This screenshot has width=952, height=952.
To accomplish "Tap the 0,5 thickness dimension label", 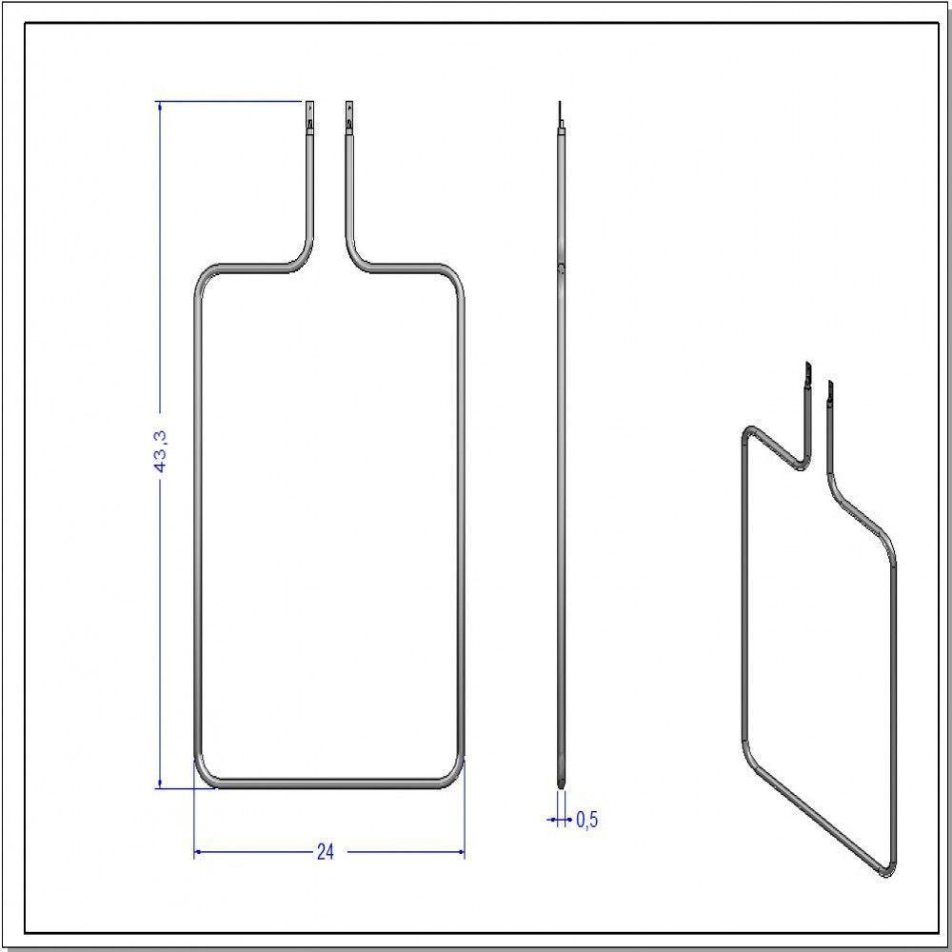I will pyautogui.click(x=587, y=820).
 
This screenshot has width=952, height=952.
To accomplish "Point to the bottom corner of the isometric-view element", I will pyautogui.click(x=884, y=870).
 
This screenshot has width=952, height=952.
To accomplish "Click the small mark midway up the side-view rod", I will pyautogui.click(x=562, y=269).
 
